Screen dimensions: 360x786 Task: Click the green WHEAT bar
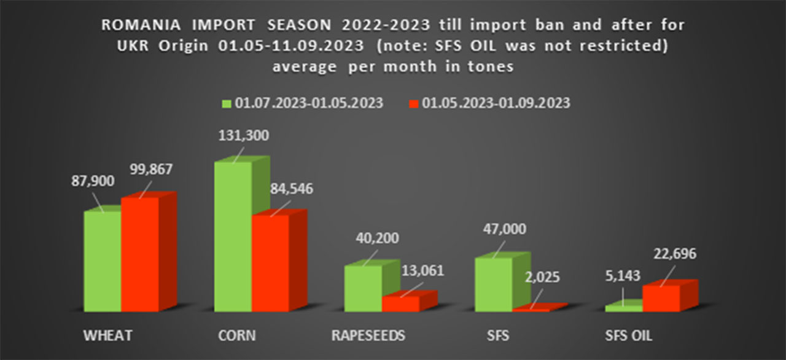coord(103,260)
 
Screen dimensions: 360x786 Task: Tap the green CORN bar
coord(233,236)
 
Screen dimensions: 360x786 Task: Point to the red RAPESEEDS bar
coord(400,303)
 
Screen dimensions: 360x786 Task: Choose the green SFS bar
coord(494,284)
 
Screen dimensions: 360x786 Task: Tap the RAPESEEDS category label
coord(368,335)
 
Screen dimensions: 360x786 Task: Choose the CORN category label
coord(236,335)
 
